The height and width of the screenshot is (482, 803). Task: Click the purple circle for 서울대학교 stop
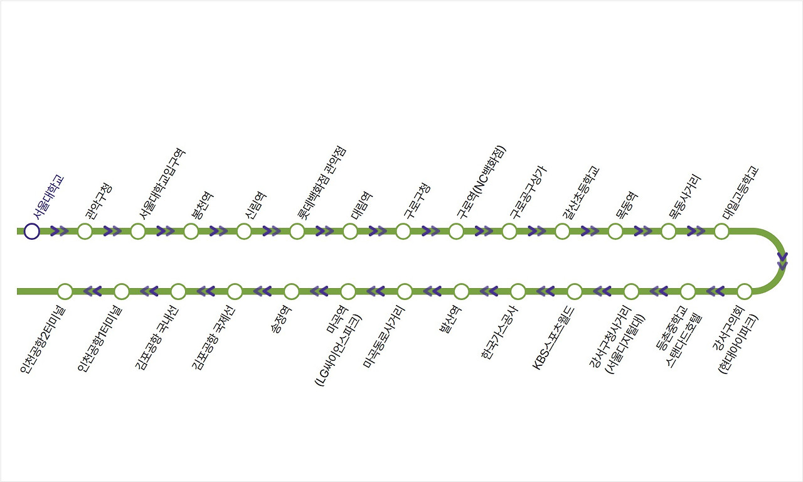click(x=31, y=232)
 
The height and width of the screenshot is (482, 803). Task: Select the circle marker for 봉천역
click(x=191, y=232)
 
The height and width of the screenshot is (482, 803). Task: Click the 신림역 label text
click(x=256, y=205)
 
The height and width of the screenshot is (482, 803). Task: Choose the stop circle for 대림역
click(x=350, y=232)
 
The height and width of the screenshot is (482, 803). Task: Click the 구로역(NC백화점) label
click(x=481, y=182)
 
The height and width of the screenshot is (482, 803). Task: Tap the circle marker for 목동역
click(x=615, y=232)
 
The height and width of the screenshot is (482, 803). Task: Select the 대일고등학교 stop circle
click(x=721, y=232)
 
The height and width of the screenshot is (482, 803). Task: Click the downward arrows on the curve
click(x=782, y=261)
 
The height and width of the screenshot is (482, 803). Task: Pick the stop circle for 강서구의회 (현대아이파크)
click(x=745, y=292)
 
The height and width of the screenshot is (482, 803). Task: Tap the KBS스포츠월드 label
click(x=553, y=338)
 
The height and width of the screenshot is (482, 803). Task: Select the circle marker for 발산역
click(x=461, y=292)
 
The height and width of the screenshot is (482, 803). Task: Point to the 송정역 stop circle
click(x=292, y=292)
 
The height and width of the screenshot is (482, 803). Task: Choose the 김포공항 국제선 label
click(x=213, y=338)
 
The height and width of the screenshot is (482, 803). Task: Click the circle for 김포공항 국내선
click(x=178, y=292)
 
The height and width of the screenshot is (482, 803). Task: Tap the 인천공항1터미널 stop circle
click(x=122, y=292)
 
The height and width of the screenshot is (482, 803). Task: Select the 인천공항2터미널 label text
click(x=43, y=340)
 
